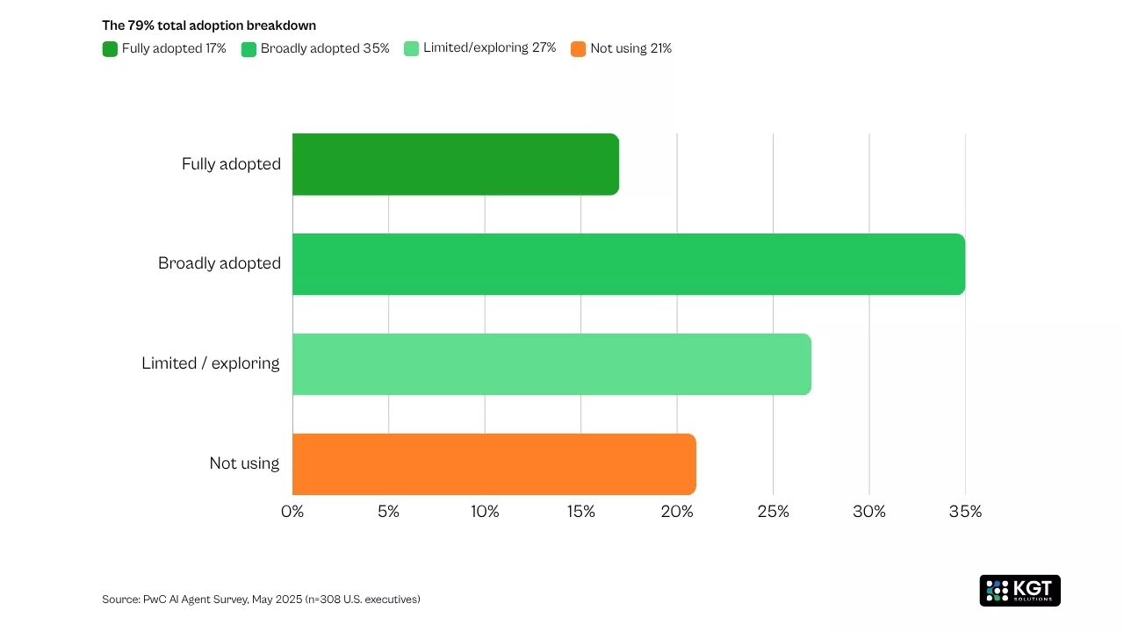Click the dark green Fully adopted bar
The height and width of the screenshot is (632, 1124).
point(455,164)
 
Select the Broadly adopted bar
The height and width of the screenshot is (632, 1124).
point(628,264)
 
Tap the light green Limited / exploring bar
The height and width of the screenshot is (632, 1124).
point(551,364)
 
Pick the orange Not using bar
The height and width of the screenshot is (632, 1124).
point(494,463)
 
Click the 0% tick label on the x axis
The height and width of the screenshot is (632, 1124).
point(292,512)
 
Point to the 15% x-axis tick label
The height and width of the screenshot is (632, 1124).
point(580,512)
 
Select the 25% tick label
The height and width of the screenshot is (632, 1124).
point(773,512)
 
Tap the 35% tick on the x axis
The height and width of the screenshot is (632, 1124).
point(965,512)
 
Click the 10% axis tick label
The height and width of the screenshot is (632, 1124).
point(485,512)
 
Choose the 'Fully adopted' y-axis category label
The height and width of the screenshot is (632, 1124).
point(231,164)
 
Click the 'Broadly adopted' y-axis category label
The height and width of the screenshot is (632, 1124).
point(220,263)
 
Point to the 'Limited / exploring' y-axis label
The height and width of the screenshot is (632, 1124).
point(211,363)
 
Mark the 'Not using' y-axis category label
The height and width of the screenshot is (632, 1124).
point(244,463)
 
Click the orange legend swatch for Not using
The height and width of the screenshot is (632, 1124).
point(578,49)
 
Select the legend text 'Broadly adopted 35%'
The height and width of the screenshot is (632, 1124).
point(325,48)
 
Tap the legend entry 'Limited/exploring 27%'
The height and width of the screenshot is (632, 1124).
point(489,48)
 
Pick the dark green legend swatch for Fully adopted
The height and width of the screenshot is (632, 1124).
point(110,49)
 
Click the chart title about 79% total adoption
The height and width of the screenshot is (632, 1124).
point(209,25)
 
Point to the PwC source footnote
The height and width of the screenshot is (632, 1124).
point(261,600)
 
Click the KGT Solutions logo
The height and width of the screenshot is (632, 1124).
point(1020,591)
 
